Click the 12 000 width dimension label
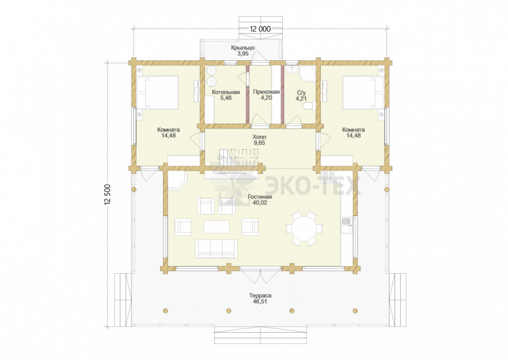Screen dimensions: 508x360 [260, 29]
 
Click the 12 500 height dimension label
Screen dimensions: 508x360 [108, 194]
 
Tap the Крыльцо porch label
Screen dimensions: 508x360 [243, 48]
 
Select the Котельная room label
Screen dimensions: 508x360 [226, 92]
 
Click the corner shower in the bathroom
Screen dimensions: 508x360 [306, 74]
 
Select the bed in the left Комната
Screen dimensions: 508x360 [158, 92]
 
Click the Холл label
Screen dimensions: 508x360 [259, 137]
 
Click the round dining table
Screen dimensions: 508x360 [304, 228]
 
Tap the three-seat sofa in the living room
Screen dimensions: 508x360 [216, 249]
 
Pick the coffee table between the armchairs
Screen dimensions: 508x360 [216, 227]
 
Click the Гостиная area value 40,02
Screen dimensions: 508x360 [260, 203]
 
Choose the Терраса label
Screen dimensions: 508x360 [260, 296]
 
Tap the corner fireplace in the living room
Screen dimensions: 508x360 [177, 181]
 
